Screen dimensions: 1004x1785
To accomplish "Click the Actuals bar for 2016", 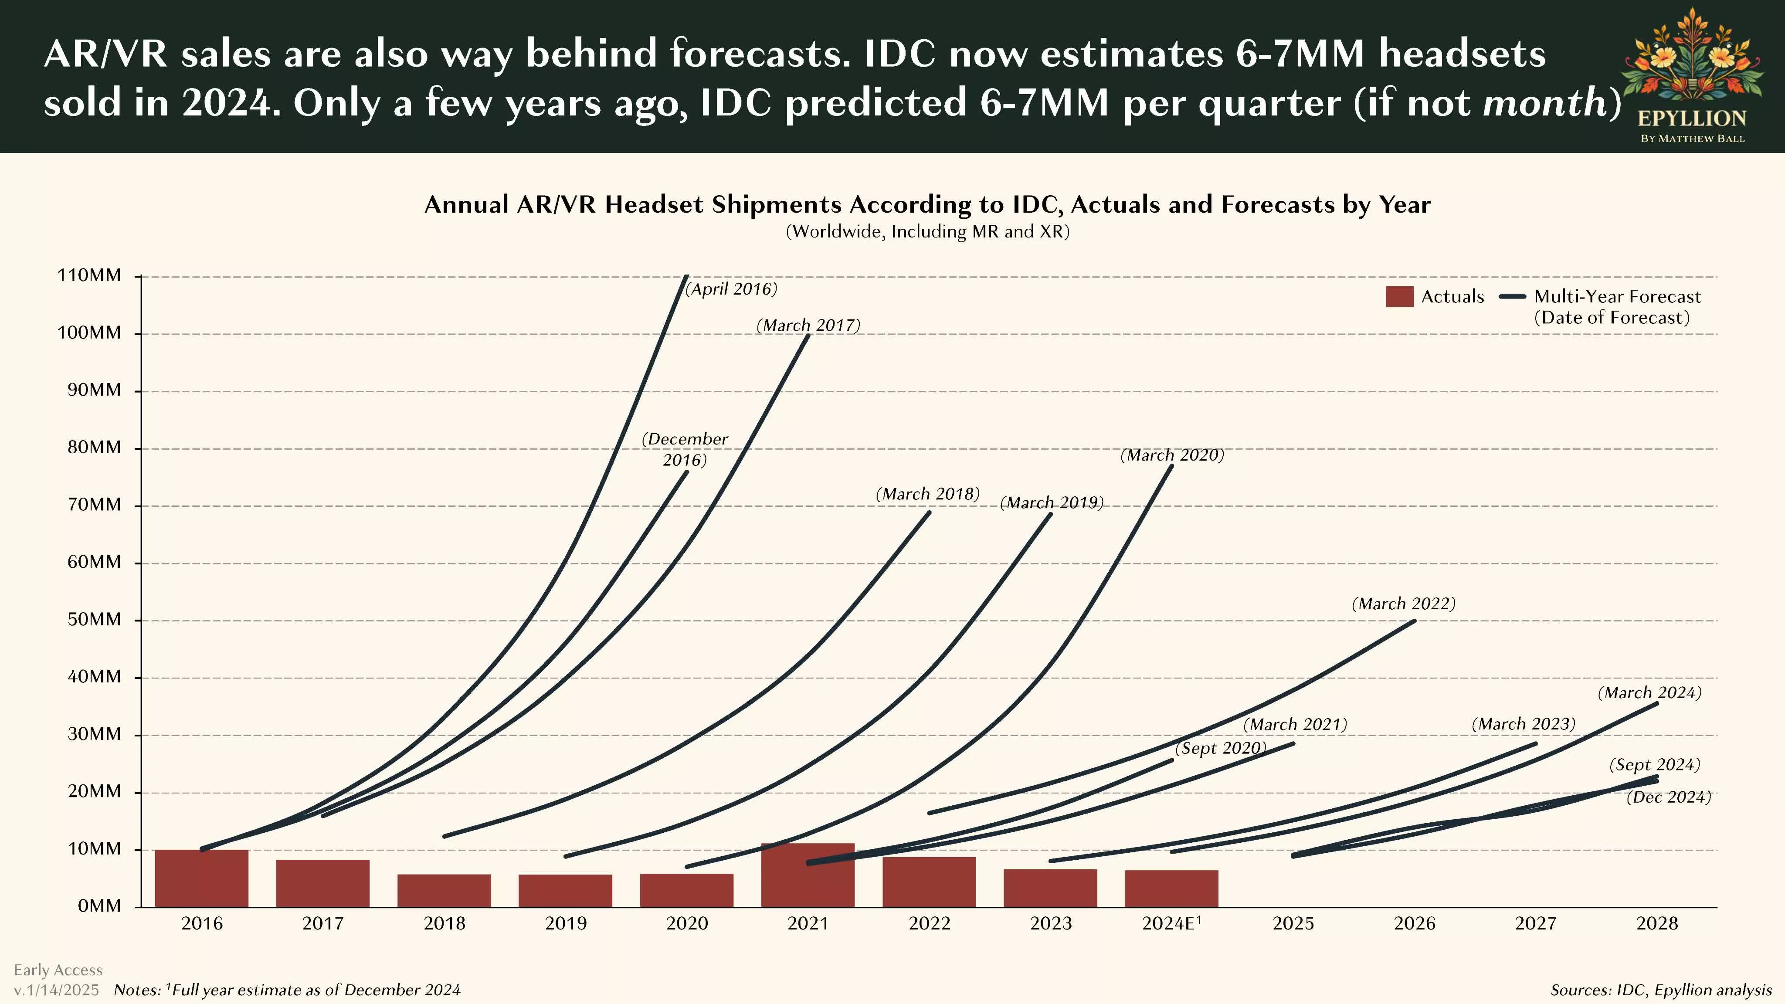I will (x=202, y=878).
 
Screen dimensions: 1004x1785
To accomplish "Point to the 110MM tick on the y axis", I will (x=89, y=276).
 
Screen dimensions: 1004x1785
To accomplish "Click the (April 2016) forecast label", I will (x=731, y=289).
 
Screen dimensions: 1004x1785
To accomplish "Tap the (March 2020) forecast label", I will (x=1172, y=455).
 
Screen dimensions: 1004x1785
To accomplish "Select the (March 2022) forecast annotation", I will (x=1403, y=604).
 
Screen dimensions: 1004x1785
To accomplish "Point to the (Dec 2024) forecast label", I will (x=1669, y=797).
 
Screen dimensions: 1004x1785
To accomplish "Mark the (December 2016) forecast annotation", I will (x=685, y=449).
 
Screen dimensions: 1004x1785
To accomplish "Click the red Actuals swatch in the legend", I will (x=1399, y=297).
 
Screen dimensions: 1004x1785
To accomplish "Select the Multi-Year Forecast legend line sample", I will (x=1512, y=297).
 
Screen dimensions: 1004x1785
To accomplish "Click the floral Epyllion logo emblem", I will (x=1691, y=59).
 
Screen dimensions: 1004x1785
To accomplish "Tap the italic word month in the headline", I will (x=1544, y=102).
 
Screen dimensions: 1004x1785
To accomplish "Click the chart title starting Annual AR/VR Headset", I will (x=927, y=204).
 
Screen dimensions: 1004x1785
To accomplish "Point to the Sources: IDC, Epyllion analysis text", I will (x=1660, y=990).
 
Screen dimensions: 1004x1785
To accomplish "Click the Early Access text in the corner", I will (x=58, y=970).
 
